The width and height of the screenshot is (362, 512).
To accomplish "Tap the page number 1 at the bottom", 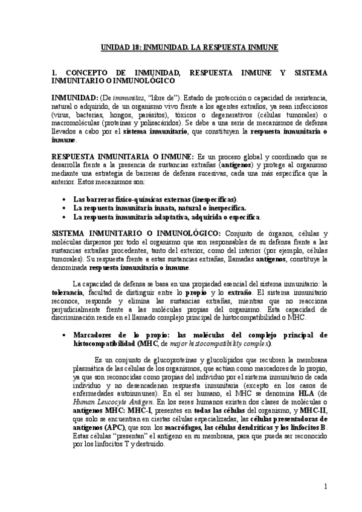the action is (x=325, y=486).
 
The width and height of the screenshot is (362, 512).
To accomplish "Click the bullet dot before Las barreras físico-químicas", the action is (x=65, y=199).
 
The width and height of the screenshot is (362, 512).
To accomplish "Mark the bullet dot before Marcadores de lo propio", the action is (x=65, y=334).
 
